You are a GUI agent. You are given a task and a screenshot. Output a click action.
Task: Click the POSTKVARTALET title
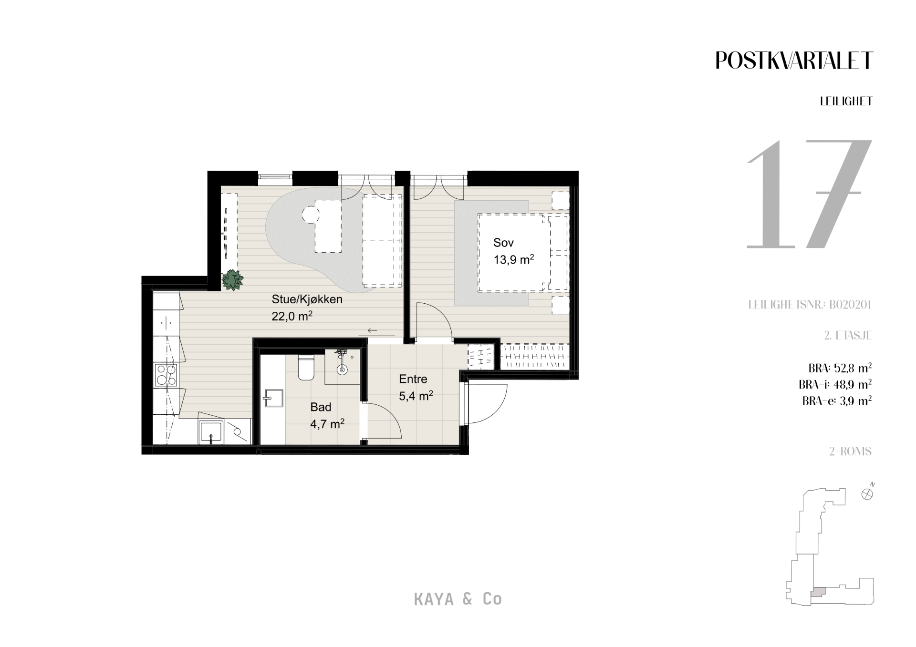click(x=794, y=61)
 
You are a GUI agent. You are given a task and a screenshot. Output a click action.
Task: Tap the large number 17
click(x=809, y=194)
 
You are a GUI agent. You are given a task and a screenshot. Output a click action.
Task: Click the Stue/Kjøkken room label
click(x=307, y=299)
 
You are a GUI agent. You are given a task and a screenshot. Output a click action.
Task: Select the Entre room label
click(x=413, y=379)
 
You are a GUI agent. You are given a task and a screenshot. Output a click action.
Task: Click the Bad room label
click(x=321, y=407)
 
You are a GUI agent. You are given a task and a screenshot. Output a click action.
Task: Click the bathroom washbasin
click(x=273, y=398)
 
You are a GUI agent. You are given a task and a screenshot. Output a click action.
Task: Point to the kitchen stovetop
click(x=165, y=374)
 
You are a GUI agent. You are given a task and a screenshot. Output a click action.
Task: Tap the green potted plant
click(x=232, y=280)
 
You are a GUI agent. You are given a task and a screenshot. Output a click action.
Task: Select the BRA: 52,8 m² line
click(x=840, y=368)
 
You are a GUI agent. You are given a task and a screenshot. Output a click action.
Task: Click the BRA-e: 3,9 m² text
click(x=837, y=401)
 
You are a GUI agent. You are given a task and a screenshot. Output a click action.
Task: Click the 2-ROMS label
click(x=851, y=451)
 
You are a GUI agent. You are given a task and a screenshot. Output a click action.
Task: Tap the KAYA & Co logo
click(x=458, y=599)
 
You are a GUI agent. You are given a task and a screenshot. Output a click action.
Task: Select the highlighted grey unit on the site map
click(x=818, y=592)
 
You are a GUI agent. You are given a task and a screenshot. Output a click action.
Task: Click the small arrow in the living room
click(x=372, y=330)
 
